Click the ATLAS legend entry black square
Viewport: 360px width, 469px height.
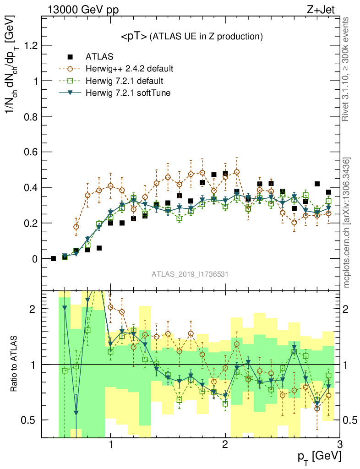[x=70, y=57]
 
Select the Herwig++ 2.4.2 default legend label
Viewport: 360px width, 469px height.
[x=129, y=69]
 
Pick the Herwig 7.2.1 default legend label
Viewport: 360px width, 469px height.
[x=125, y=81]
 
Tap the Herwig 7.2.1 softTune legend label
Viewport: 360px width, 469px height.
[x=127, y=93]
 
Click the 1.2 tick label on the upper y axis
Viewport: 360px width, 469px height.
[x=28, y=45]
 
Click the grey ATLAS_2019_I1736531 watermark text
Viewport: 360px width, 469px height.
[x=190, y=274]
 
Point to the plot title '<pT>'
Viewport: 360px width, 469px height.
[x=133, y=36]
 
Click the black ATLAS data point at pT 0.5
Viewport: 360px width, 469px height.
[x=53, y=259]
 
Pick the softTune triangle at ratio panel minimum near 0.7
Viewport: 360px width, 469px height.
[x=76, y=413]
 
